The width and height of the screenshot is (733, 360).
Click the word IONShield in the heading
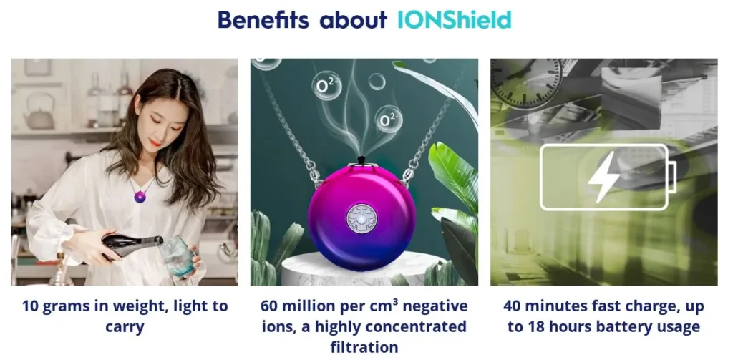[454, 19]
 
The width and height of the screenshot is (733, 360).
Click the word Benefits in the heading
[263, 19]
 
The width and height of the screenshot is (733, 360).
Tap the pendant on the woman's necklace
[140, 197]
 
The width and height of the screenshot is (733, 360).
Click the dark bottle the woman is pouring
[132, 245]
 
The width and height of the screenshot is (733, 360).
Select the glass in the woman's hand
[178, 256]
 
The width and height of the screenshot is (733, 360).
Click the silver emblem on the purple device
[361, 218]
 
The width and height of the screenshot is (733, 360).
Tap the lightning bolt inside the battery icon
[603, 177]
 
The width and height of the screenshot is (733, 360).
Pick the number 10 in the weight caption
[31, 307]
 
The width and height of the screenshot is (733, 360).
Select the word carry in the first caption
[125, 327]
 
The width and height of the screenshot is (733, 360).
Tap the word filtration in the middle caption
[364, 347]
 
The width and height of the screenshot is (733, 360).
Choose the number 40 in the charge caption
[514, 307]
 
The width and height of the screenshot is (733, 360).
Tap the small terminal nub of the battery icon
[672, 177]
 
